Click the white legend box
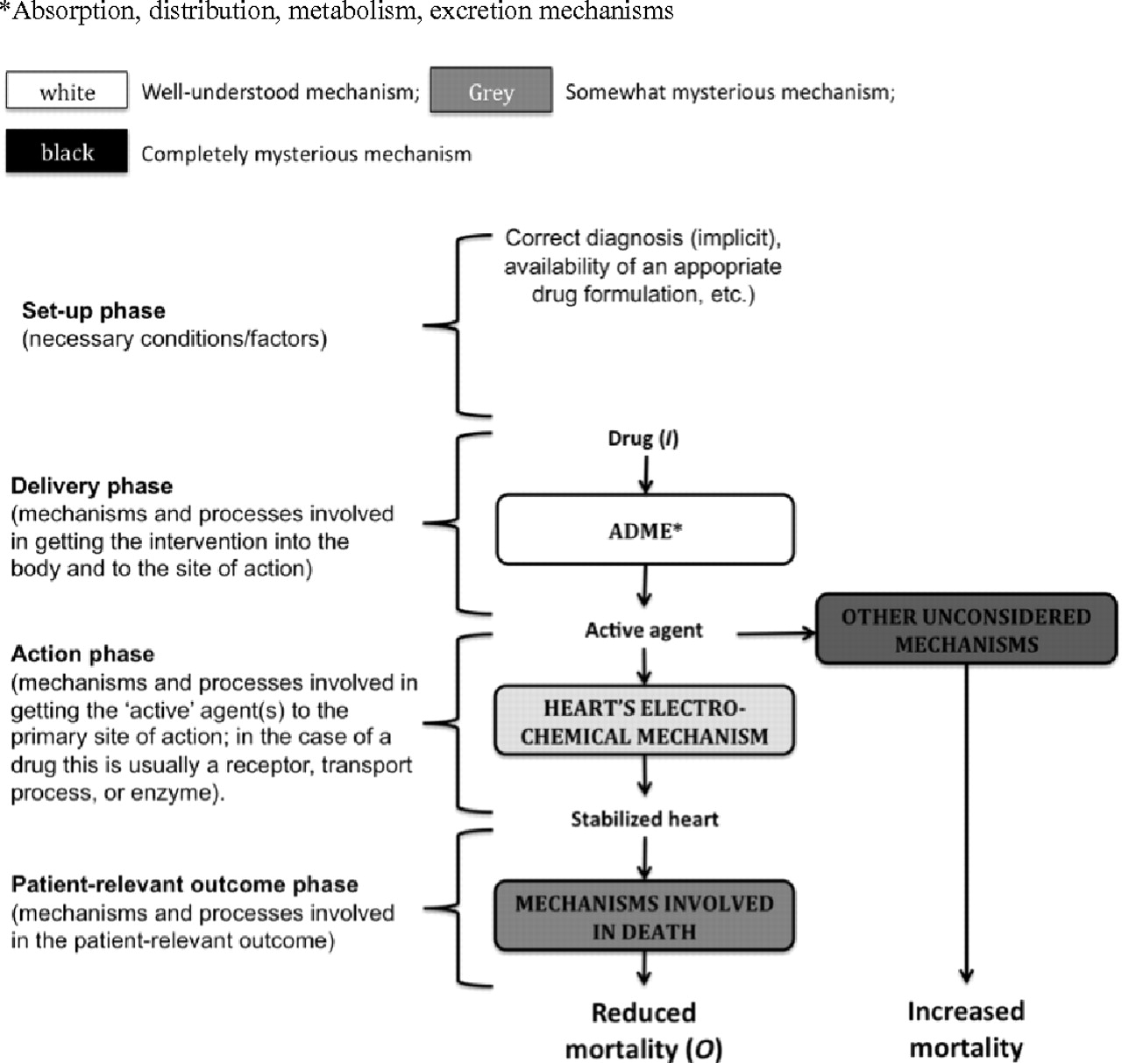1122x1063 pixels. (x=67, y=89)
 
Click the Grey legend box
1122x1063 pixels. (x=491, y=89)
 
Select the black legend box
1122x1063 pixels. (x=67, y=151)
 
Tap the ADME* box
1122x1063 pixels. (x=645, y=529)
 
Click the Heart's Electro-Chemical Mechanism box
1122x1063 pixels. (x=644, y=720)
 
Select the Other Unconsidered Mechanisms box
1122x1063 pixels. (x=966, y=629)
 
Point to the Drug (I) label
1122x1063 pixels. (x=643, y=438)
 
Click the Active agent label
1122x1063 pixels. (x=643, y=630)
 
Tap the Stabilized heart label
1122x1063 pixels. (x=644, y=819)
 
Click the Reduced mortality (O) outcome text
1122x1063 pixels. (x=643, y=1031)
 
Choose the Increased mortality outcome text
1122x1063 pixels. (x=966, y=1030)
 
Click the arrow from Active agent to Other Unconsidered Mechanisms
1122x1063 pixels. (x=776, y=633)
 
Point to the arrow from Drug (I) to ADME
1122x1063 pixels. (x=645, y=475)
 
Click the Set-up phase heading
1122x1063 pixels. (x=94, y=311)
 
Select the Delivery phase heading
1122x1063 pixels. (x=91, y=486)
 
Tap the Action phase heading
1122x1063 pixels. (x=82, y=654)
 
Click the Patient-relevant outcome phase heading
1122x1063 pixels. (x=184, y=884)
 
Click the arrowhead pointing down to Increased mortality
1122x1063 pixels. (x=966, y=976)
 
